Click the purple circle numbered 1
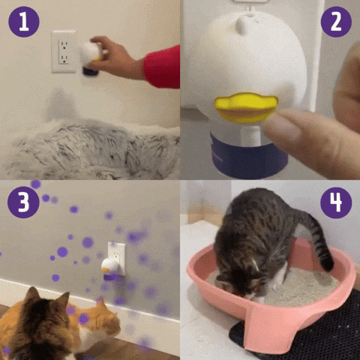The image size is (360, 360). [24, 22]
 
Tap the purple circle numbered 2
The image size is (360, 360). [336, 22]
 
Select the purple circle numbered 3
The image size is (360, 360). [23, 202]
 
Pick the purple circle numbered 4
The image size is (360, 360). [336, 202]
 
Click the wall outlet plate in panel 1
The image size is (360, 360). [64, 52]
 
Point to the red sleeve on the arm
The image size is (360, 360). [163, 67]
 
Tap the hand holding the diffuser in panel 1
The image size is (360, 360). [115, 57]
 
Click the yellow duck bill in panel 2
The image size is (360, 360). [246, 108]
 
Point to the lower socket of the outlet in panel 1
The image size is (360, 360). [64, 59]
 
